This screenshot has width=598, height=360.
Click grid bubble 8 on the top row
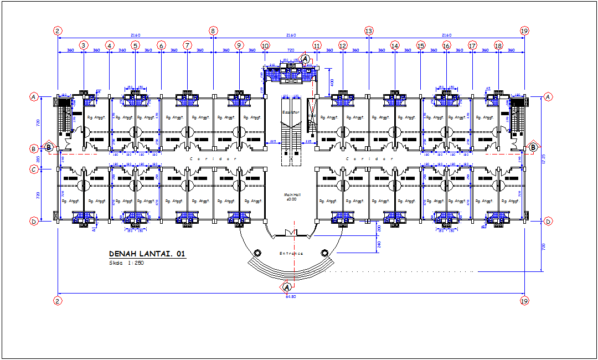pos(213,31)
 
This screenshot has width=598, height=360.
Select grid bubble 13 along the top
pos(369,31)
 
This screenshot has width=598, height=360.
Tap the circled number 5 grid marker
pos(135,45)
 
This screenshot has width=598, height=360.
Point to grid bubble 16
pos(446,45)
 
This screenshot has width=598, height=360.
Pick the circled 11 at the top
pos(317,45)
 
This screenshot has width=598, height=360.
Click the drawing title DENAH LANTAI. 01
pos(147,254)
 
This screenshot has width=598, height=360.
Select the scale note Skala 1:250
pos(127,263)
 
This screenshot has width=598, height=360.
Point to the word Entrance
pos(291,253)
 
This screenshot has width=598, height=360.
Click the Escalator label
pos(290,112)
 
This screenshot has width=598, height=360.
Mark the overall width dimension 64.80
pos(291,297)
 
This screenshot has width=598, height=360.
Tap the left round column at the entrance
pos(257,253)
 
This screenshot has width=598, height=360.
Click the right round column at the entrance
pos(325,253)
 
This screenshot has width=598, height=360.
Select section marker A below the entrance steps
pos(287,287)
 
